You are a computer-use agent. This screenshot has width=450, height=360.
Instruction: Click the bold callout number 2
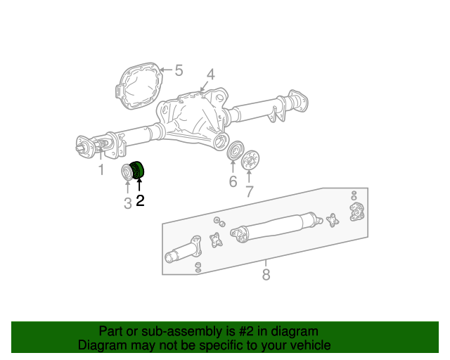[x=140, y=200]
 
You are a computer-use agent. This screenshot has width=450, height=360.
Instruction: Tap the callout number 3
[x=128, y=203]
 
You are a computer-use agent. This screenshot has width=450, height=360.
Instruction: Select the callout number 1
[x=101, y=169]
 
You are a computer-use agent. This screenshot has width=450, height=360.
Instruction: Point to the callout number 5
[x=179, y=70]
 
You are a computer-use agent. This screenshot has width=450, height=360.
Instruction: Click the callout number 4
[x=211, y=75]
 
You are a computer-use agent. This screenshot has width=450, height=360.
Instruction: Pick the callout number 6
[x=233, y=181]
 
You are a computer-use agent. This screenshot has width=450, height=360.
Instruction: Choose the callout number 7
[x=250, y=191]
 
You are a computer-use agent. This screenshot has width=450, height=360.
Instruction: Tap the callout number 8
[x=266, y=274]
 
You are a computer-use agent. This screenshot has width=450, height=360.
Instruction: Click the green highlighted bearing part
[x=137, y=170]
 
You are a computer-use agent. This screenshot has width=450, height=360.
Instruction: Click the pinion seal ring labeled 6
[x=236, y=150]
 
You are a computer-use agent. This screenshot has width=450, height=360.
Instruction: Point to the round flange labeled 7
[x=250, y=160]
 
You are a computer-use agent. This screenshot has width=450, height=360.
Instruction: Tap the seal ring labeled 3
[x=126, y=172]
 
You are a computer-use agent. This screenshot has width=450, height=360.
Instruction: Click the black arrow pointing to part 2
[x=139, y=185]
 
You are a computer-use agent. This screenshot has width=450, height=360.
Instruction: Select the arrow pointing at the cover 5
[x=166, y=70]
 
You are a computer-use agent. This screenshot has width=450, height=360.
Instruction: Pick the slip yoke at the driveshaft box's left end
[x=183, y=249]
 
